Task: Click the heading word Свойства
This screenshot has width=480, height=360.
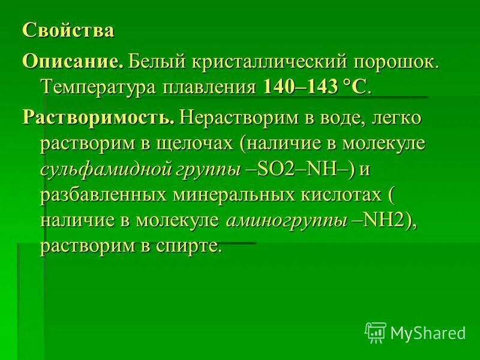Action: [x=68, y=31]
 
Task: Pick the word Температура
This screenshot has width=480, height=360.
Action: [x=99, y=88]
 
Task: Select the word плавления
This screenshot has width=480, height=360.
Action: [x=209, y=88]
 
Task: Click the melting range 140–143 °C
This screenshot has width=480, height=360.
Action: [x=314, y=88]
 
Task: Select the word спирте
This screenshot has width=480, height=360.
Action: [x=189, y=247]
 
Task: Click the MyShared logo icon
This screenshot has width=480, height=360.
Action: [x=375, y=332]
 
